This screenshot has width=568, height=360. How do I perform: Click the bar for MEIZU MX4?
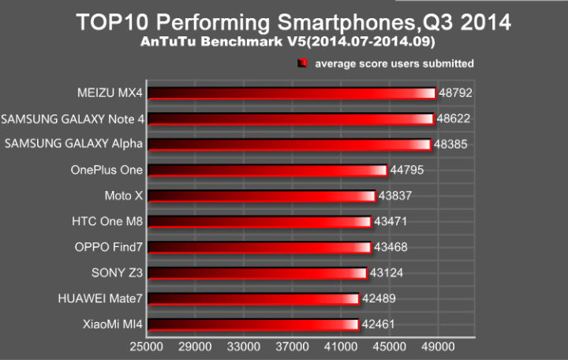pyautogui.click(x=291, y=93)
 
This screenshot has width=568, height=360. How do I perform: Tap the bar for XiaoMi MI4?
pyautogui.click(x=252, y=324)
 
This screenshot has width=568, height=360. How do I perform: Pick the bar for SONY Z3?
pyautogui.click(x=256, y=272)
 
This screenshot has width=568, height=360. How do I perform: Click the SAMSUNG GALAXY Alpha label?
pyautogui.click(x=74, y=144)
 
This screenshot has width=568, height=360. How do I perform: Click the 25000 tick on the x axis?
pyautogui.click(x=147, y=346)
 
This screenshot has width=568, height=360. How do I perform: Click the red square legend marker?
pyautogui.click(x=302, y=63)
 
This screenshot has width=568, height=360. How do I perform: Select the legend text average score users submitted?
pyautogui.click(x=394, y=63)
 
